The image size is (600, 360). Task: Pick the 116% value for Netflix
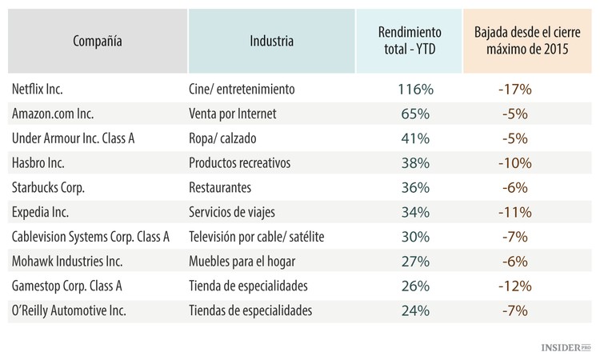(414, 89)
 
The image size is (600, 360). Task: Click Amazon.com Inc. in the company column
(54, 114)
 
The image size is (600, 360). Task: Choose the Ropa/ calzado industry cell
(222, 138)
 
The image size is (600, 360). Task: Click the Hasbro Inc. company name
(39, 163)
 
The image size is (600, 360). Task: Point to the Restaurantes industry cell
(220, 188)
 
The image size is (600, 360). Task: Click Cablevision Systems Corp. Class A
(91, 238)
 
